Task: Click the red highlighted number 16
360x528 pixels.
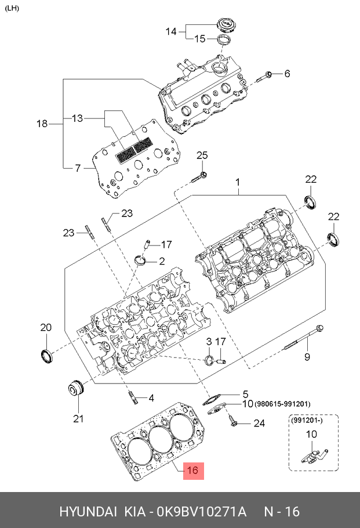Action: click(x=193, y=472)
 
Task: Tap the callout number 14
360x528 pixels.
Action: click(x=171, y=31)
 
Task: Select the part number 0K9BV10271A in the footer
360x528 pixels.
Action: click(x=202, y=512)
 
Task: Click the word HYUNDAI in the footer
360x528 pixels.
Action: click(x=87, y=512)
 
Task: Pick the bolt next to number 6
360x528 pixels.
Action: click(x=268, y=74)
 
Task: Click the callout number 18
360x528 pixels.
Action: click(x=42, y=124)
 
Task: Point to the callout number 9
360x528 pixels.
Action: click(x=308, y=356)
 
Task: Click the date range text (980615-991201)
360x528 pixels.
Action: click(x=283, y=404)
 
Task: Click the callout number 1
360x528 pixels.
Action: click(x=237, y=183)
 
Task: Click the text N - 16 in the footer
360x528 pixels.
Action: click(x=282, y=512)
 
